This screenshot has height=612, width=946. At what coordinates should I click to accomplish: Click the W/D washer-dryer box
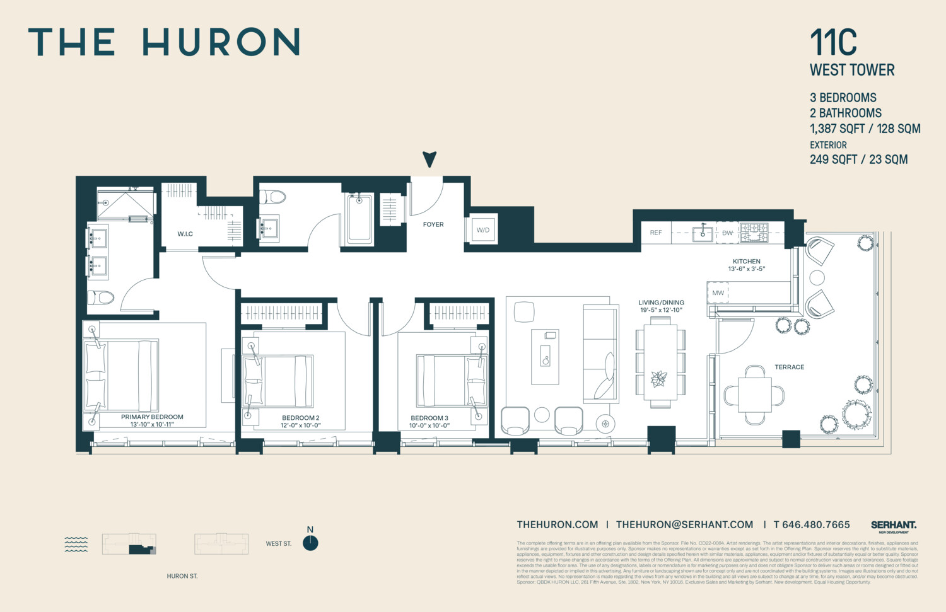(483, 230)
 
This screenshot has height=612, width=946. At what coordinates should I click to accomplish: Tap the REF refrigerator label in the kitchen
(656, 233)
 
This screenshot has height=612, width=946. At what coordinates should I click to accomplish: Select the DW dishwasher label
(727, 233)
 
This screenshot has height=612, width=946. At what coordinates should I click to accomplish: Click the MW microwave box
(718, 293)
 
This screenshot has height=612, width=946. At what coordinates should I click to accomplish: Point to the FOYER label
(433, 224)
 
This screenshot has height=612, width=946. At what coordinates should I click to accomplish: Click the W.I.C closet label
(185, 234)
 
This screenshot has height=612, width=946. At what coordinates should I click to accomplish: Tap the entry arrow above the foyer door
(429, 159)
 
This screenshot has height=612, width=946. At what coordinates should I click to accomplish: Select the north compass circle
(310, 543)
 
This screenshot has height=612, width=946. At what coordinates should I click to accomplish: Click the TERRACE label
(789, 367)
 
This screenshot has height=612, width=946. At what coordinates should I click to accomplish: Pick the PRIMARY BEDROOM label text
(152, 417)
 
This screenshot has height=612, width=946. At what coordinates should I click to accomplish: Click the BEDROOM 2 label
(300, 418)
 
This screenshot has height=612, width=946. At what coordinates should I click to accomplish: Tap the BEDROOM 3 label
(429, 418)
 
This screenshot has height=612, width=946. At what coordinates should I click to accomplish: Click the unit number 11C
(833, 43)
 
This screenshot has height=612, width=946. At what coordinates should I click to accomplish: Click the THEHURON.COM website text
(557, 524)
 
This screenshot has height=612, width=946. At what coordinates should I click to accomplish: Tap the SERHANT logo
(893, 525)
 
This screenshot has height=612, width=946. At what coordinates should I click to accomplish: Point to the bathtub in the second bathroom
(359, 218)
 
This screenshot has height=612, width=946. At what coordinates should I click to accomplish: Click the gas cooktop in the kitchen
(754, 232)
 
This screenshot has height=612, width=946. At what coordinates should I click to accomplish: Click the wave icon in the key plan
(76, 544)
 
